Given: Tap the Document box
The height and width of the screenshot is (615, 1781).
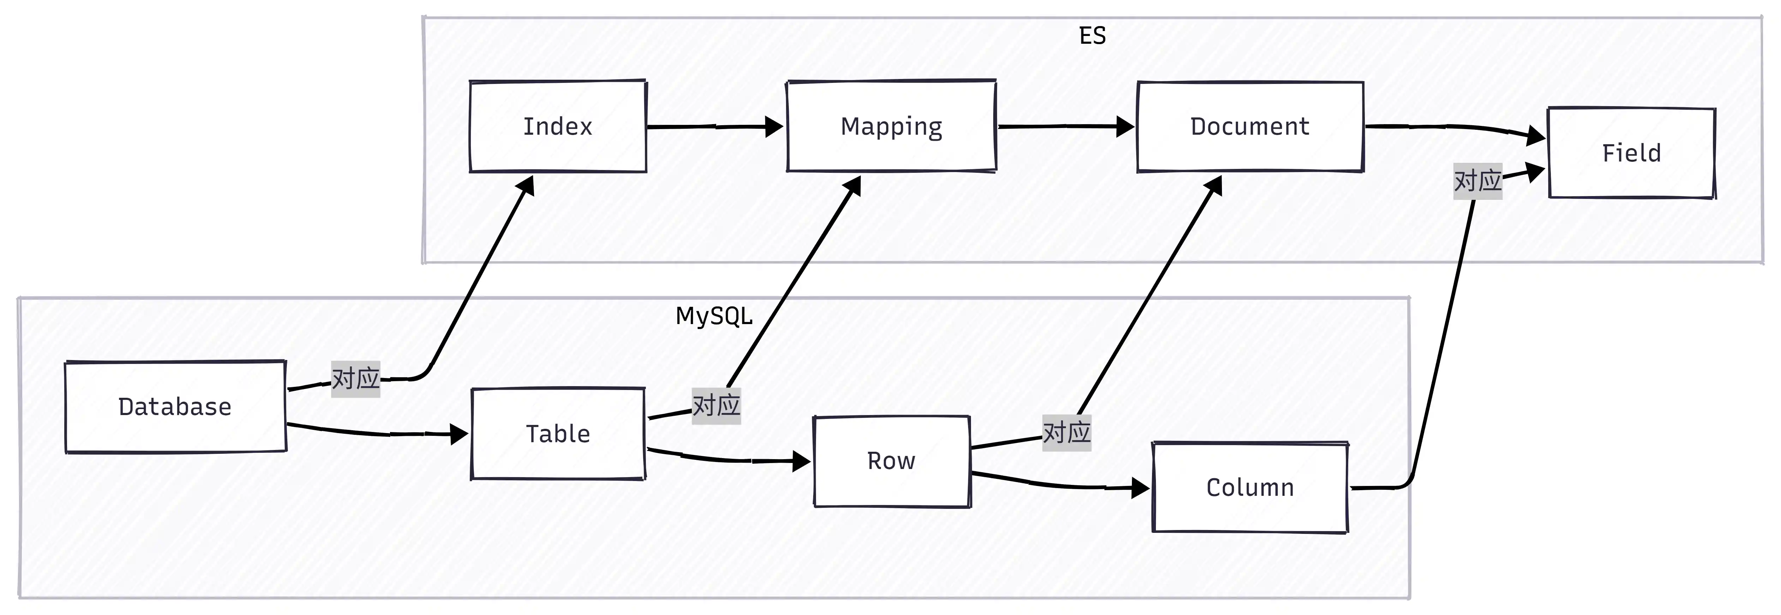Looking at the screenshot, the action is (x=1250, y=127).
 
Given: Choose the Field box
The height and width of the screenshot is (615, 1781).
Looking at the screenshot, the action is (x=1632, y=153).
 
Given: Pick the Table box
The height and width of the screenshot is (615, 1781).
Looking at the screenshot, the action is (x=558, y=433).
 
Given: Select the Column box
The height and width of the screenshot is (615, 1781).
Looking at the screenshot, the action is (x=1250, y=487).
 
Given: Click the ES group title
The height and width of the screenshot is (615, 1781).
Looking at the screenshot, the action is (x=1092, y=35).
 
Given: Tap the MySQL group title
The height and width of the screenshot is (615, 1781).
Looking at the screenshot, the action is (x=714, y=316).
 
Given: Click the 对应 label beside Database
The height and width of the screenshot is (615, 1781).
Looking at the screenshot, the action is (x=355, y=379).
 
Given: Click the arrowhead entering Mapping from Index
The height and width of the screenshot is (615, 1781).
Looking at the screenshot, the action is (x=774, y=127).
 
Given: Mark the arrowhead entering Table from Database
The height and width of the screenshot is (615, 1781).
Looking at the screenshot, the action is (x=459, y=434).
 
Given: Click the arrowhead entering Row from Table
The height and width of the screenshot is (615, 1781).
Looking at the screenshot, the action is (x=801, y=461).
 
